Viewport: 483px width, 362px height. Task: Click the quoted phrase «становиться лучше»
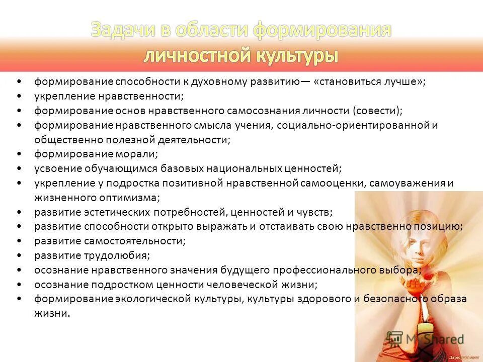click(x=370, y=81)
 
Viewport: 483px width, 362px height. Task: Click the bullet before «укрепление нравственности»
click(x=19, y=96)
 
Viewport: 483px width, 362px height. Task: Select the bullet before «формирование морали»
click(x=19, y=154)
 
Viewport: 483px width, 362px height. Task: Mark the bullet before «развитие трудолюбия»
click(x=19, y=255)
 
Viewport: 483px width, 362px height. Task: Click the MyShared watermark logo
click(x=426, y=338)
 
